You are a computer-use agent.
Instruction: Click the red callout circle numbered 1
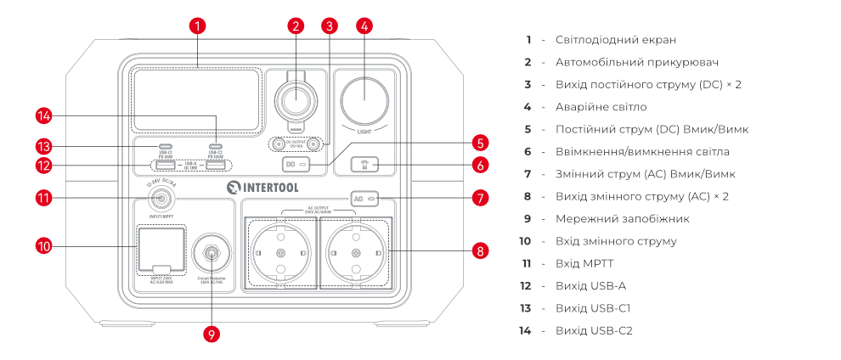coord(197,25)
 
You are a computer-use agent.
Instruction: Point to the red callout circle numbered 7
coord(481,198)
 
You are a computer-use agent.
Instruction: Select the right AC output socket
coord(355,253)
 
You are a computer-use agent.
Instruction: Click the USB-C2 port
coord(215,146)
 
